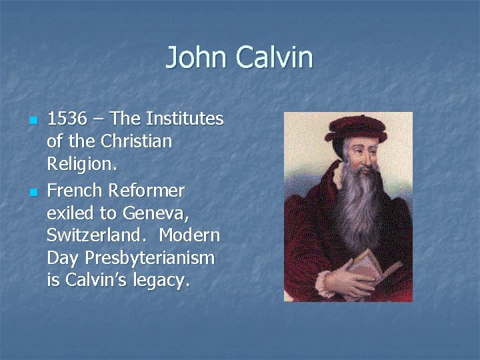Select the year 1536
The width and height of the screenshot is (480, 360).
pos(67,119)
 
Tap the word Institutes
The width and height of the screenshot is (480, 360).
pos(184,119)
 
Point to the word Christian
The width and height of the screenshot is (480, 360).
pos(137,142)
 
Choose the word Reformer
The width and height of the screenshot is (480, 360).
pos(148,191)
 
